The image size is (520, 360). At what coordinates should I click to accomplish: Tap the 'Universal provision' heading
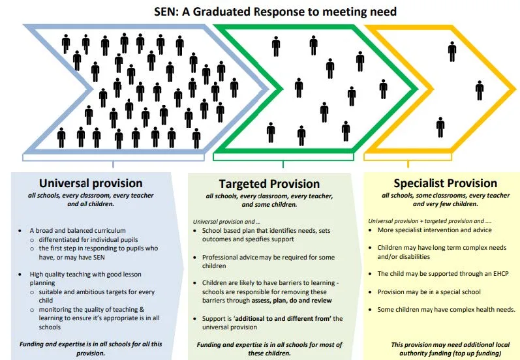[x=91, y=183]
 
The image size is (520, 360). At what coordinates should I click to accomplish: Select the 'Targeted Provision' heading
[x=268, y=184]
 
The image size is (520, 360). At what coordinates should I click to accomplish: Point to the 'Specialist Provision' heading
[x=445, y=183]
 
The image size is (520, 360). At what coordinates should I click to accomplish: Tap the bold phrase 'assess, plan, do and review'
[x=291, y=301]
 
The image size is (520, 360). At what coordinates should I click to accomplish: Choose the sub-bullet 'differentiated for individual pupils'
[x=92, y=240]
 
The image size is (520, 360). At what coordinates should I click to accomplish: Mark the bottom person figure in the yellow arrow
[x=440, y=127]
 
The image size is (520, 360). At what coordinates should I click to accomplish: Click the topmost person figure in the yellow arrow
[x=452, y=51]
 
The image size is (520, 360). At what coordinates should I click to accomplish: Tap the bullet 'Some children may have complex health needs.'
[x=446, y=309]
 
